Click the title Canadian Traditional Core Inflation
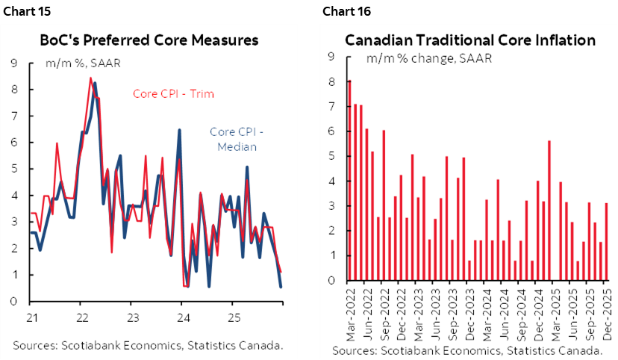[470, 40]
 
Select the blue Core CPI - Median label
[237, 139]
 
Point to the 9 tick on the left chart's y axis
[14, 63]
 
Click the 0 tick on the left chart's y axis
[14, 302]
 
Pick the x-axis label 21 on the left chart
[30, 315]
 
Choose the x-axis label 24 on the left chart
[181, 315]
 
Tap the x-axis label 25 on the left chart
[232, 315]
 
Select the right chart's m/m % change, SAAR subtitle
[428, 58]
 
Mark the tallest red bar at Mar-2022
[349, 179]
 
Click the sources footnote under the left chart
[148, 346]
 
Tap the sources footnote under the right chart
[468, 350]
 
